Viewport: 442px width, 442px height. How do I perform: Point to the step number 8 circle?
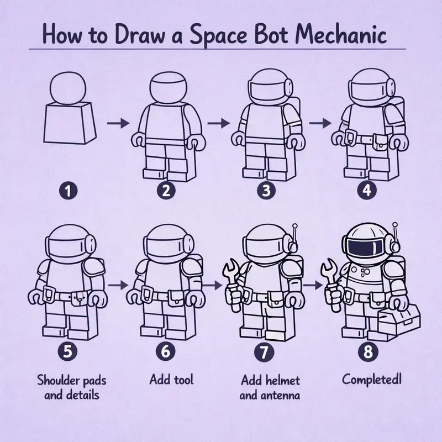coord(365,350)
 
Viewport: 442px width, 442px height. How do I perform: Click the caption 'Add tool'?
coord(171,380)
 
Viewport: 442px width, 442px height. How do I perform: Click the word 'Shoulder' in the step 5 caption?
coord(57,380)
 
